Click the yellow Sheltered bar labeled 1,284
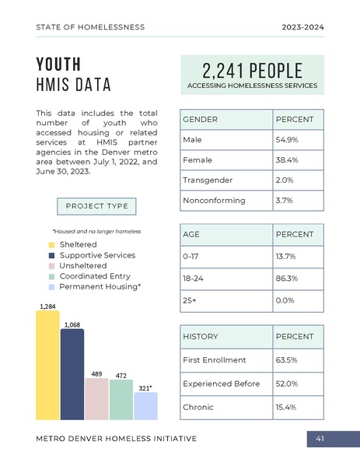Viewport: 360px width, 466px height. click(x=47, y=366)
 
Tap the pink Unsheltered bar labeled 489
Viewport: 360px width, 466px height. click(x=96, y=399)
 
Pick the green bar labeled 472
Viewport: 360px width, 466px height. click(x=121, y=400)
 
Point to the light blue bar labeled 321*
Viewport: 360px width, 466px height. click(x=145, y=406)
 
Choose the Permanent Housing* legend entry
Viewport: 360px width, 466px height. click(x=100, y=287)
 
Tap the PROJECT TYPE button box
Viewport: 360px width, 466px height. click(x=97, y=206)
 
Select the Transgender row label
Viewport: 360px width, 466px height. click(x=208, y=180)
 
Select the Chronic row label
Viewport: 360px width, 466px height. click(x=198, y=407)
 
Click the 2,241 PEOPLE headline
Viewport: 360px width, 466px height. click(x=252, y=70)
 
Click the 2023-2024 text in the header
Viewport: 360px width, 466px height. click(x=303, y=27)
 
